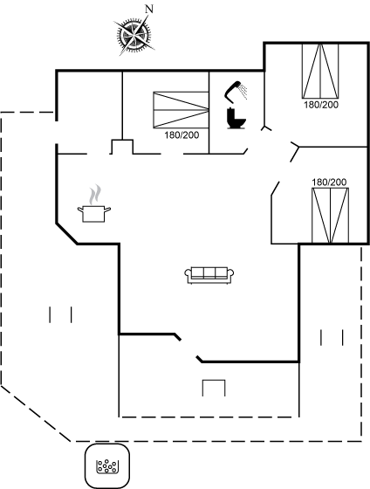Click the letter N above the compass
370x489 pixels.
[149, 10]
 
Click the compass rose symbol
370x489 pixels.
[134, 35]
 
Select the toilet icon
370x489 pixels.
[236, 119]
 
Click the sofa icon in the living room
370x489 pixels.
[209, 275]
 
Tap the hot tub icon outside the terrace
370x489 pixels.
[107, 466]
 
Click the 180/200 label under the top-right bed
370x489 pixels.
[321, 105]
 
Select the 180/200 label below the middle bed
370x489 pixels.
[182, 135]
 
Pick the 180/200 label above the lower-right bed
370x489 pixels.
[329, 183]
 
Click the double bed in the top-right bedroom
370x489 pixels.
[320, 71]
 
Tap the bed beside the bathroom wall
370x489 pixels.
[181, 110]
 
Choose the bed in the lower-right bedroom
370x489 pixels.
[331, 216]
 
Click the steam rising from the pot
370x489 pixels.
[95, 195]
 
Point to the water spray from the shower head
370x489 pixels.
[243, 92]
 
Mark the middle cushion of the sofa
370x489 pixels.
[209, 272]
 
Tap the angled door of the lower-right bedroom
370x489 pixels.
[275, 189]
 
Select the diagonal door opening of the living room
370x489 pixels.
[188, 348]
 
